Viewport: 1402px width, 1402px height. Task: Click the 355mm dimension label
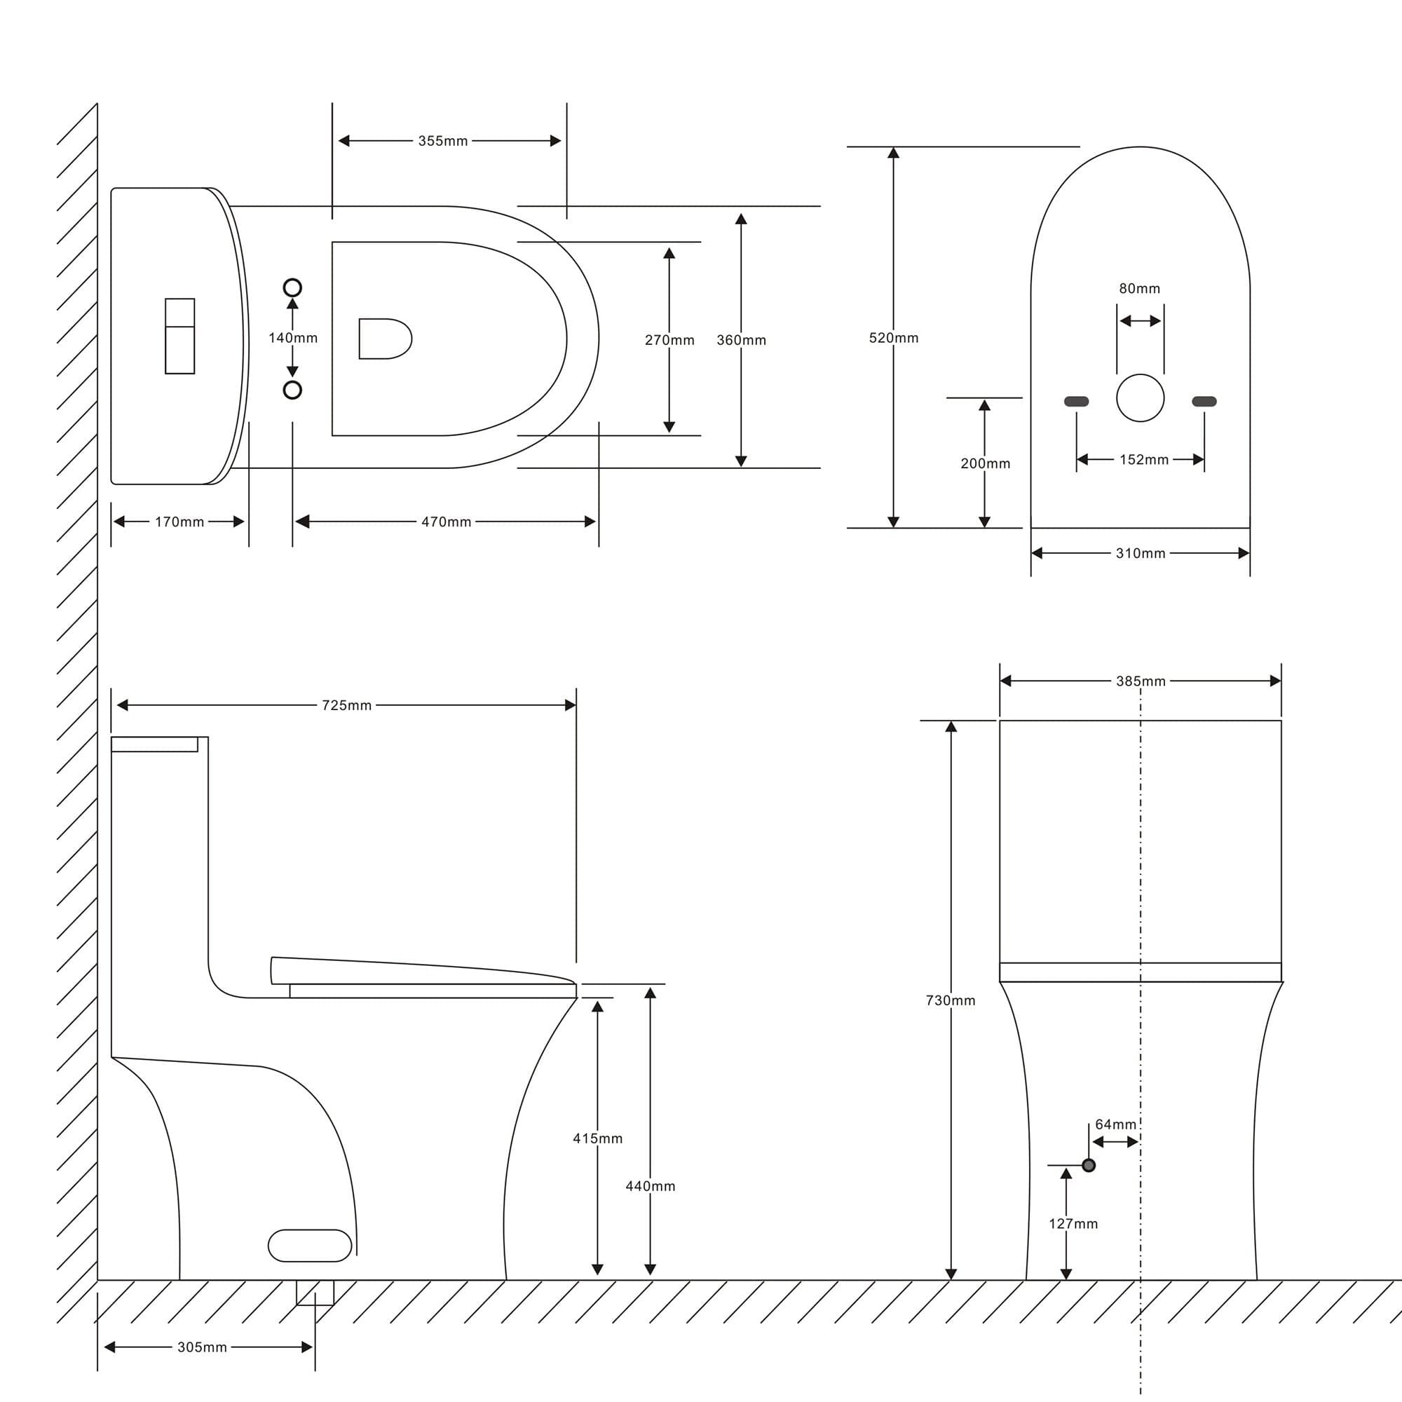tap(442, 141)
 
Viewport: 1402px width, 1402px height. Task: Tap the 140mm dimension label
tap(293, 337)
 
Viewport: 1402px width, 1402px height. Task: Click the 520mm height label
tap(894, 337)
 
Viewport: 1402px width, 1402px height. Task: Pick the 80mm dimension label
tap(1139, 288)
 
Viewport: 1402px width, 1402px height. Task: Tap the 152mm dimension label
tap(1145, 459)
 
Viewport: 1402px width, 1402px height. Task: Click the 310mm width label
tap(1141, 553)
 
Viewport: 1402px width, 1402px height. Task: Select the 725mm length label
tap(347, 705)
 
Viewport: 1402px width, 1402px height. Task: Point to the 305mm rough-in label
tap(203, 1347)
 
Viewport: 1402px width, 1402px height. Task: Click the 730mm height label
tap(951, 1000)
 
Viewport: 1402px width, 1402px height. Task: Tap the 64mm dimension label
tap(1116, 1124)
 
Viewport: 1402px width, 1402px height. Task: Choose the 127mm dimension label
tap(1073, 1223)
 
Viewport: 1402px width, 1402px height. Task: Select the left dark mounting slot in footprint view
tap(1076, 401)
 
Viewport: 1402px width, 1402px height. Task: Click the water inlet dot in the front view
tap(1089, 1166)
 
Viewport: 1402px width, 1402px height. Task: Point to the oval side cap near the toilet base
tap(310, 1245)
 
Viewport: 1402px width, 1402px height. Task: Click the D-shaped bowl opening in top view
tap(386, 338)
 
